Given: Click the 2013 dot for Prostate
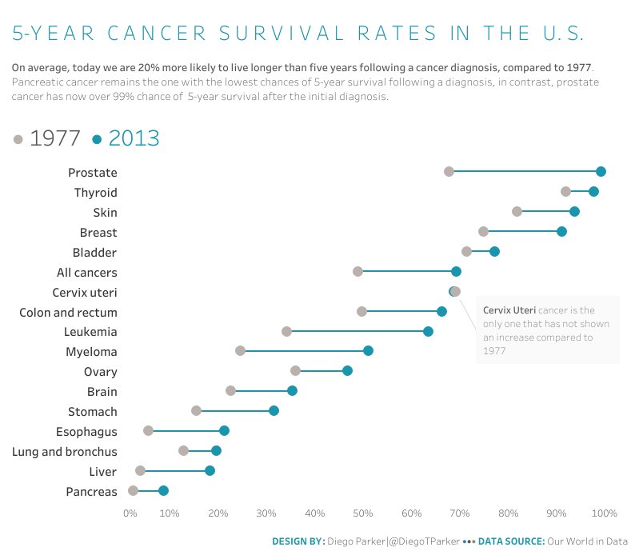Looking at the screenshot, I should (601, 171).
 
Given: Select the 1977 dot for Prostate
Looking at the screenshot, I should (449, 171).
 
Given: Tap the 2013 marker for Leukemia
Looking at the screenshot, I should (428, 331).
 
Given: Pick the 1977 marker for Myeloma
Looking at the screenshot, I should (240, 351).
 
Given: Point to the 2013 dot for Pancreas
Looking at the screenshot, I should (163, 490).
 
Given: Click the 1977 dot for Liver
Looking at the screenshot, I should (140, 470).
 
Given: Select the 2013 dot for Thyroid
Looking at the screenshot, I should (593, 191).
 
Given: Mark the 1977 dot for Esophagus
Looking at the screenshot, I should (148, 430).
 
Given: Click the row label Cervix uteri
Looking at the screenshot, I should (84, 293).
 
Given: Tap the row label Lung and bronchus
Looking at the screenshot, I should (65, 452).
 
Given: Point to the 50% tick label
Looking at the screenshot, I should (363, 513).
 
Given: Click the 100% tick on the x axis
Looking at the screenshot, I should (605, 513).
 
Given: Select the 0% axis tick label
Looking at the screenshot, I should (130, 513).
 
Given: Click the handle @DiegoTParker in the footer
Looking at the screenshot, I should (424, 541).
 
